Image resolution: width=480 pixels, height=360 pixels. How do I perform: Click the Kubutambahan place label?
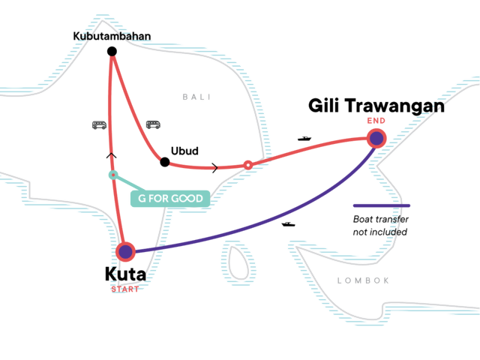pos(112,35)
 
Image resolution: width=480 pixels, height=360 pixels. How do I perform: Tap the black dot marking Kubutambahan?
pos(112,51)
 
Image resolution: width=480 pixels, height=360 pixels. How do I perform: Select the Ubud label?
pos(184,151)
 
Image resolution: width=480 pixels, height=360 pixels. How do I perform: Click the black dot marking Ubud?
pos(165,161)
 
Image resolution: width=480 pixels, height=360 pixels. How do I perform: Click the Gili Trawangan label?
pos(376,106)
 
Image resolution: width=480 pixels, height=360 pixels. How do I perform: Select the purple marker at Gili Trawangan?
pos(376,138)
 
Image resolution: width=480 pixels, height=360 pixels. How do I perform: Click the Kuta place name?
pos(125,274)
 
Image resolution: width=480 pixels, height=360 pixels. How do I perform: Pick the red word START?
pos(125,289)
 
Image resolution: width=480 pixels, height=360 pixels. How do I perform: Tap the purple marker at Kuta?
pos(125,252)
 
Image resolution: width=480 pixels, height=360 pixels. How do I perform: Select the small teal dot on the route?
pos(112,175)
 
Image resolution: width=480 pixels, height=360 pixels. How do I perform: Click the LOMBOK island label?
pos(364,280)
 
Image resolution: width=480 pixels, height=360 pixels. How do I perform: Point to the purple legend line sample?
pos(382,205)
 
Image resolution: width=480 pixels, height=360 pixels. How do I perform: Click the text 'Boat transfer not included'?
pos(380,226)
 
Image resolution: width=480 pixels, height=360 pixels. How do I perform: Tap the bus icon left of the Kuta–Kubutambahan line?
pos(99,125)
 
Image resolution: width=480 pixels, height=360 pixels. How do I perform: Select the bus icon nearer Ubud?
pos(153,124)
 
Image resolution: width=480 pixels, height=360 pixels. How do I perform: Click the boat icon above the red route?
pos(304,139)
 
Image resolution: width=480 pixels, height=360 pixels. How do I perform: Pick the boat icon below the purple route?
pos(287,223)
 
